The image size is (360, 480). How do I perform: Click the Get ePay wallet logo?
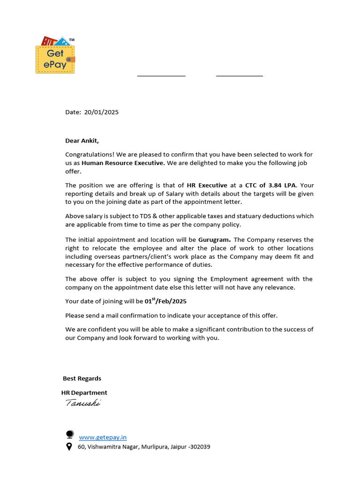pyautogui.click(x=55, y=55)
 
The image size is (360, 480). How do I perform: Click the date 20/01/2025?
pyautogui.click(x=101, y=112)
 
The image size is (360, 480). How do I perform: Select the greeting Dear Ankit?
pyautogui.click(x=82, y=141)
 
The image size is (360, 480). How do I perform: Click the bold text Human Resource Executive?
pyautogui.click(x=123, y=163)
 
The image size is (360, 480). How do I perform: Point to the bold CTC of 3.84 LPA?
pyautogui.click(x=271, y=185)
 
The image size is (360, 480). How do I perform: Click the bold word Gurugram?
pyautogui.click(x=214, y=240)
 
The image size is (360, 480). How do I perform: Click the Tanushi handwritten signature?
pyautogui.click(x=82, y=403)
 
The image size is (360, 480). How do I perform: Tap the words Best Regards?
pyautogui.click(x=82, y=378)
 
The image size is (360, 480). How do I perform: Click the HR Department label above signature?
pyautogui.click(x=84, y=393)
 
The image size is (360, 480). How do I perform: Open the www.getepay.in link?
pyautogui.click(x=103, y=437)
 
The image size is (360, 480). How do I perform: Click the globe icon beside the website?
pyautogui.click(x=69, y=435)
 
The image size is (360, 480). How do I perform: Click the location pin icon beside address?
pyautogui.click(x=69, y=447)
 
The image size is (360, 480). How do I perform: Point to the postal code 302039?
pyautogui.click(x=198, y=447)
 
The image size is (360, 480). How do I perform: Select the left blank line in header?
pyautogui.click(x=161, y=75)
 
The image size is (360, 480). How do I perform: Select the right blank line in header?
pyautogui.click(x=239, y=75)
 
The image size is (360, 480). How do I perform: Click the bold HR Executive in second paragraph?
pyautogui.click(x=207, y=185)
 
